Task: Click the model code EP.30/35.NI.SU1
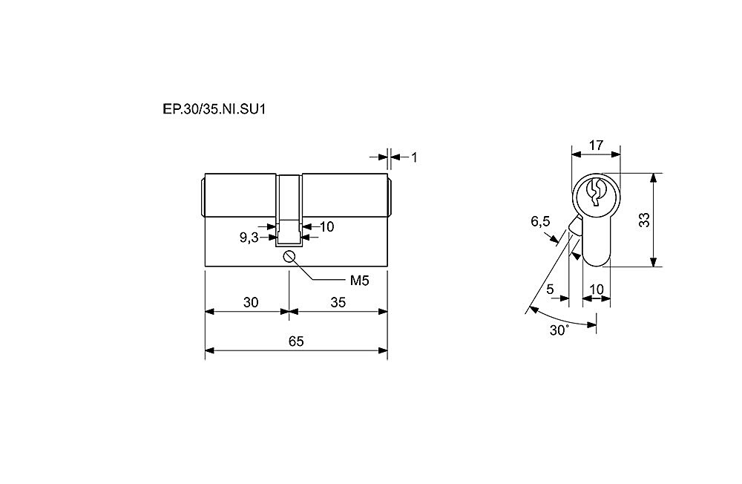pyautogui.click(x=214, y=109)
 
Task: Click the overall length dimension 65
pyautogui.click(x=296, y=341)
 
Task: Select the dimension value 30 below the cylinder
pyautogui.click(x=251, y=302)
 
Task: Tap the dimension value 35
pyautogui.click(x=338, y=302)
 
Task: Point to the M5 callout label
pyautogui.click(x=359, y=281)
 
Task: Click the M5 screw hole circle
pyautogui.click(x=289, y=257)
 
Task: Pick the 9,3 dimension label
pyautogui.click(x=249, y=238)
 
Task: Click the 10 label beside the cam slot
pyautogui.click(x=326, y=227)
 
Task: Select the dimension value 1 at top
pyautogui.click(x=415, y=157)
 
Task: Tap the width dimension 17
pyautogui.click(x=597, y=145)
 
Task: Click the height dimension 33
pyautogui.click(x=644, y=220)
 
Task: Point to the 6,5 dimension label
pyautogui.click(x=540, y=221)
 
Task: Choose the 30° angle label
pyautogui.click(x=559, y=330)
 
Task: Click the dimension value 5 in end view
pyautogui.click(x=550, y=289)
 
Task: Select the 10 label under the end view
pyautogui.click(x=597, y=289)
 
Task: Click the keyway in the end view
pyautogui.click(x=595, y=192)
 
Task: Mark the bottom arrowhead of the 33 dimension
pyautogui.click(x=654, y=262)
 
